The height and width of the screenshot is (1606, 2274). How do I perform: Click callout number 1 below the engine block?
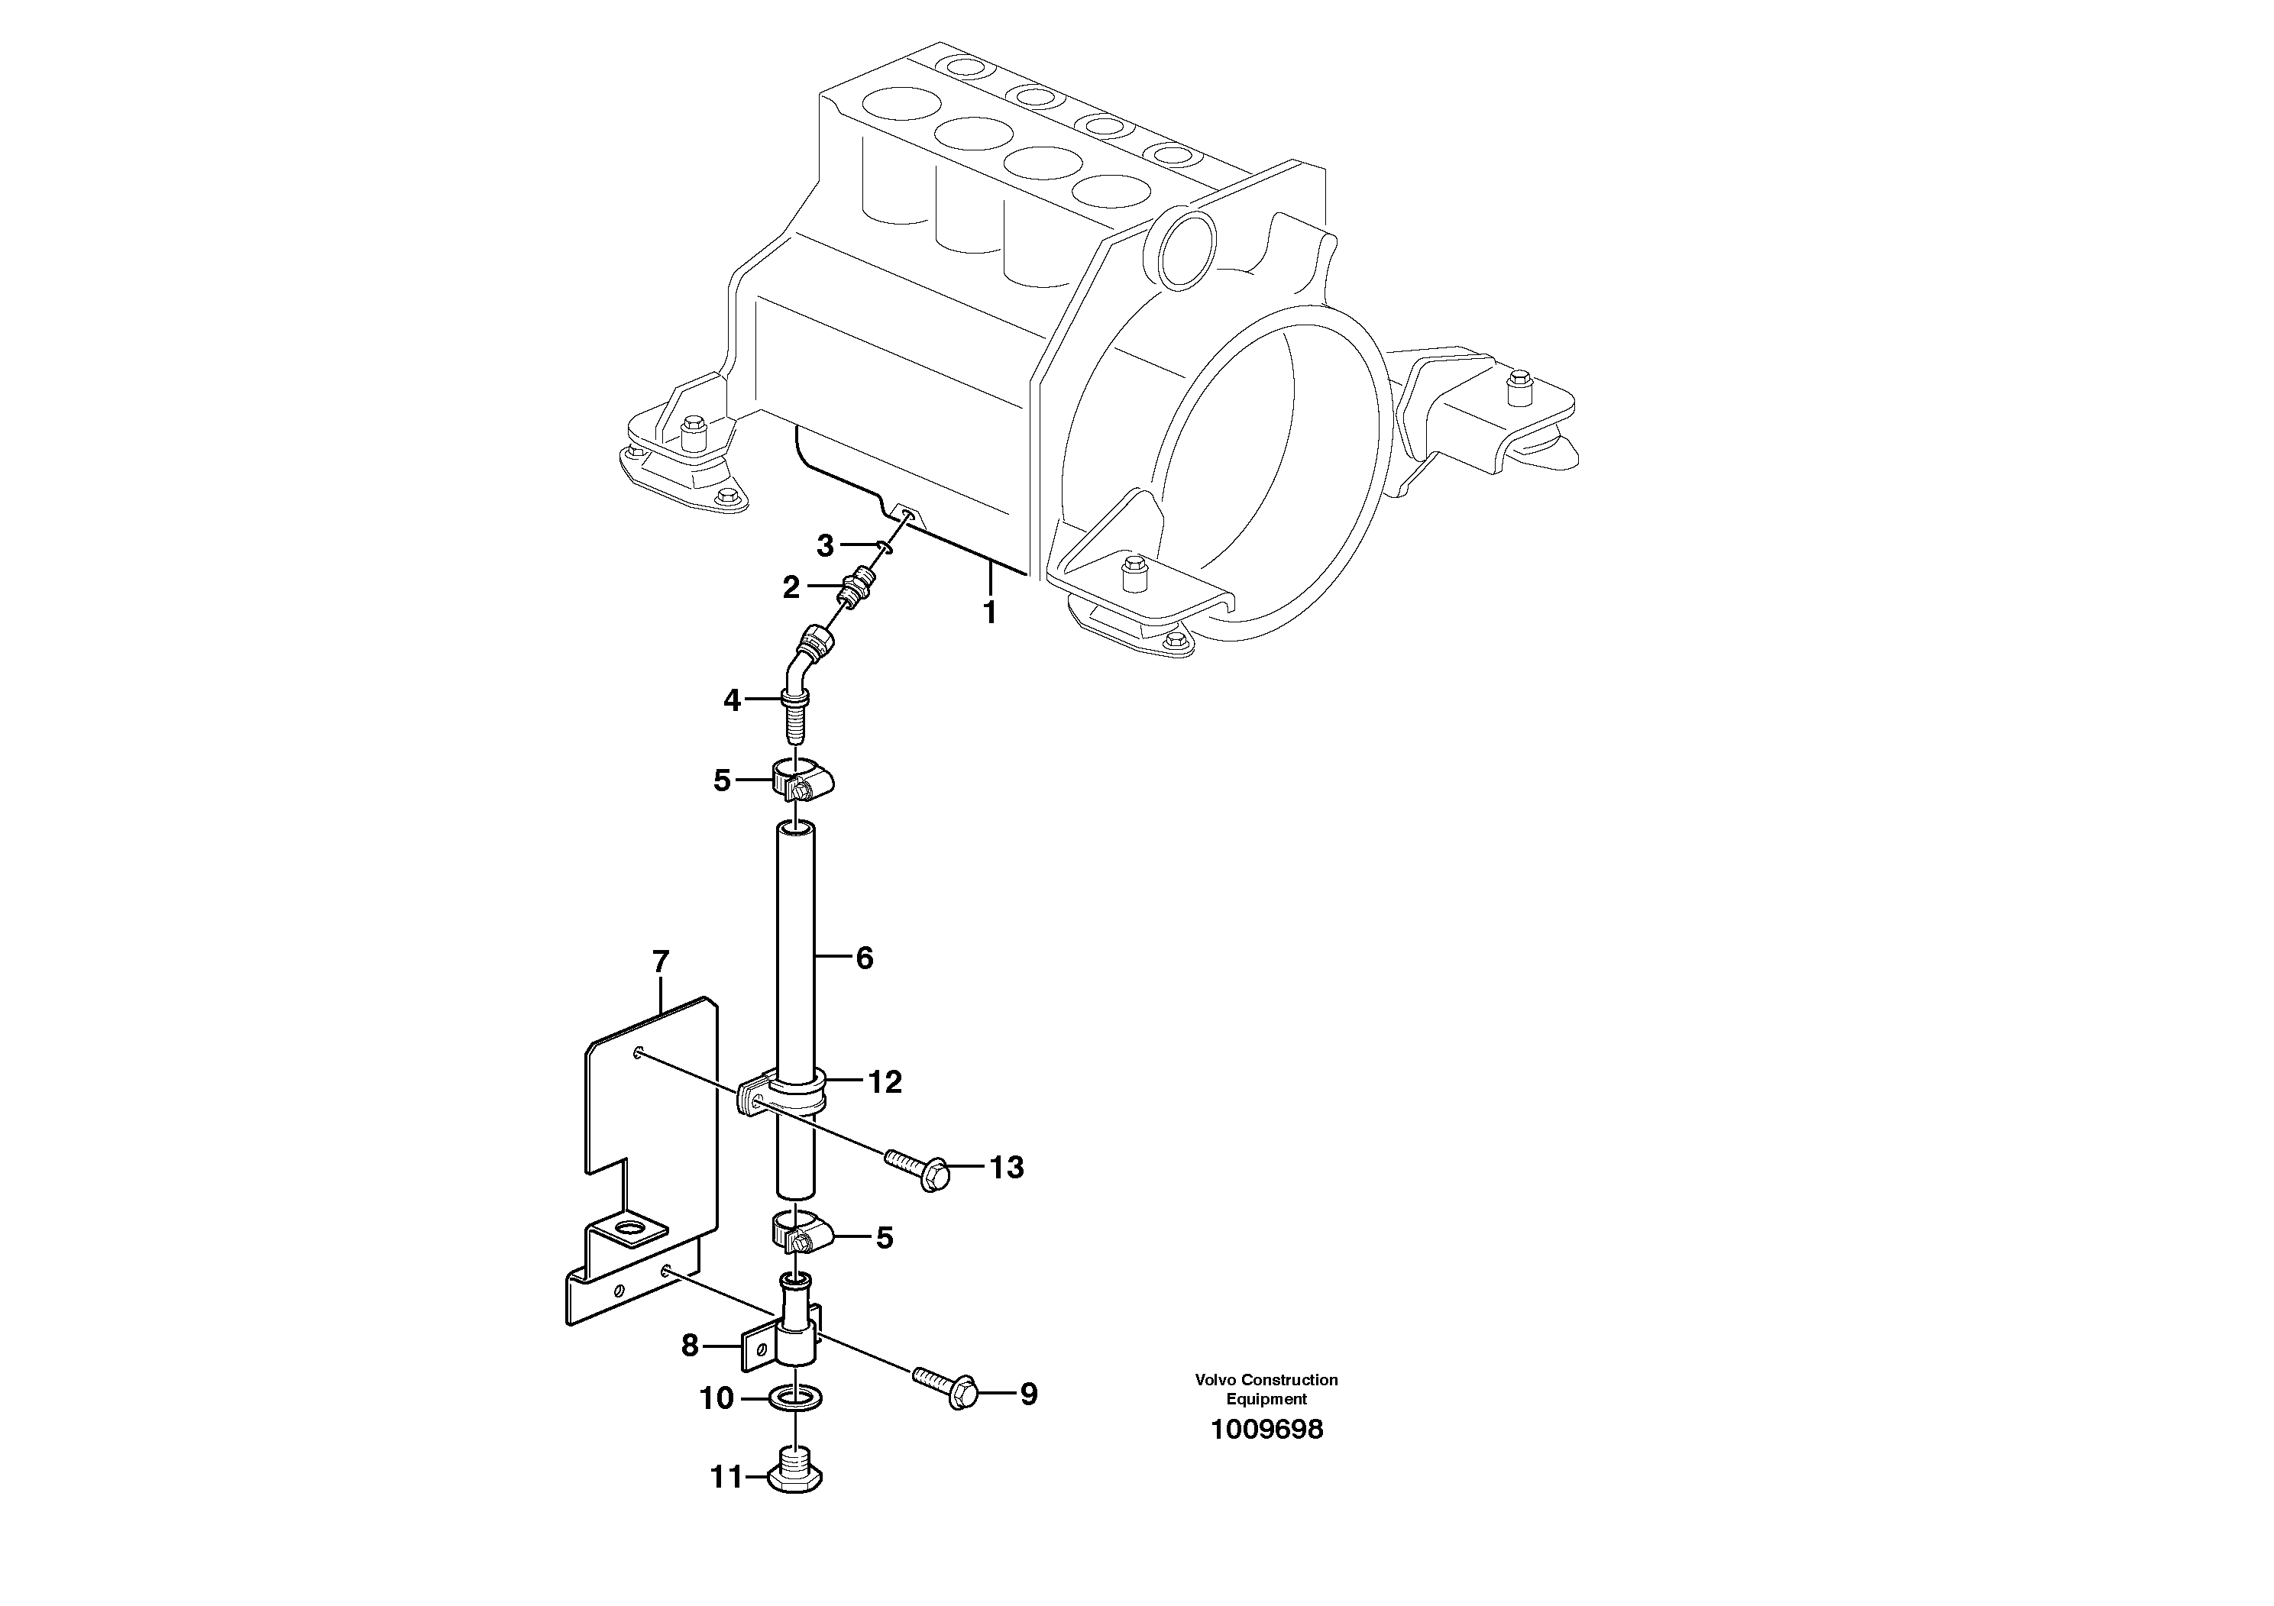pyautogui.click(x=988, y=612)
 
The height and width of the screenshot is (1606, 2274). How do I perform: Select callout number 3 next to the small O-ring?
pyautogui.click(x=825, y=544)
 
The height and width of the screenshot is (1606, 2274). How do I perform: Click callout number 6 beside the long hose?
pyautogui.click(x=864, y=958)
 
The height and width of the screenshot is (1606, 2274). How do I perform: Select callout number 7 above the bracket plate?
pyautogui.click(x=661, y=961)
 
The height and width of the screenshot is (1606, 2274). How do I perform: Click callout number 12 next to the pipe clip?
pyautogui.click(x=885, y=1082)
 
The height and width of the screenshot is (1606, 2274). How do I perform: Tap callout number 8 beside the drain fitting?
pyautogui.click(x=689, y=1345)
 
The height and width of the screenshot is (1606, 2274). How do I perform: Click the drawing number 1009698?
pyautogui.click(x=1266, y=1430)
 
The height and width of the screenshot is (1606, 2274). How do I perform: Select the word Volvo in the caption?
pyautogui.click(x=1215, y=1379)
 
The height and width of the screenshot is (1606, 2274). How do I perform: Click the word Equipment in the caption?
pyautogui.click(x=1266, y=1399)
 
